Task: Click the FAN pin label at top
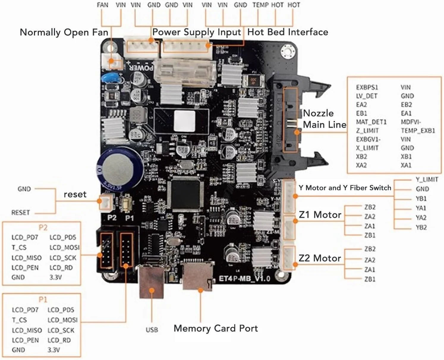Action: click(x=103, y=5)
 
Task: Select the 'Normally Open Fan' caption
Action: click(x=64, y=32)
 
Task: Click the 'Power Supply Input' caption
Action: click(x=196, y=32)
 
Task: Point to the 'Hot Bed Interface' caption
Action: click(x=288, y=32)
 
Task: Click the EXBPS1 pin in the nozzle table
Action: click(x=367, y=87)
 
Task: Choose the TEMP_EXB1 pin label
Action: click(x=418, y=131)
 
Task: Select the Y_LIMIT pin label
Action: click(x=427, y=179)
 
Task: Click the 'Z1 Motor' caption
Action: click(x=320, y=214)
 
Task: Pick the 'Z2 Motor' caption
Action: click(x=320, y=258)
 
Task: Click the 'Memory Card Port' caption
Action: click(x=216, y=328)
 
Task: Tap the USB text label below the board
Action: click(x=152, y=330)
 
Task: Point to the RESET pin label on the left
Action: click(x=21, y=213)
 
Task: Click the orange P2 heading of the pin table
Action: click(x=43, y=228)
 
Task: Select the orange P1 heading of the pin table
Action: click(x=43, y=299)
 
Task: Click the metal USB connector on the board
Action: click(x=151, y=282)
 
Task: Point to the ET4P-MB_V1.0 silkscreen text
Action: click(x=244, y=279)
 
